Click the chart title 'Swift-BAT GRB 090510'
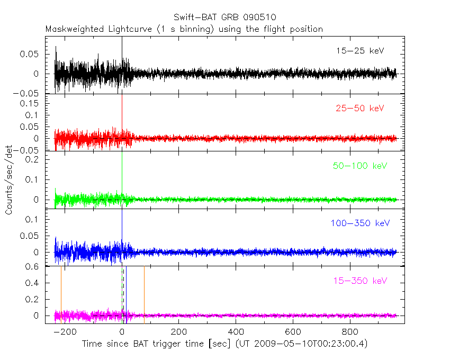224,17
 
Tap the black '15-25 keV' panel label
359,51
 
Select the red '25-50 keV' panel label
359,109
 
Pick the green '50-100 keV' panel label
359,166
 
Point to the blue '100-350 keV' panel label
359,223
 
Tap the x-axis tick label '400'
236,332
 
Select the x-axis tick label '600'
293,332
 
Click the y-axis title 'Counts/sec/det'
9,180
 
